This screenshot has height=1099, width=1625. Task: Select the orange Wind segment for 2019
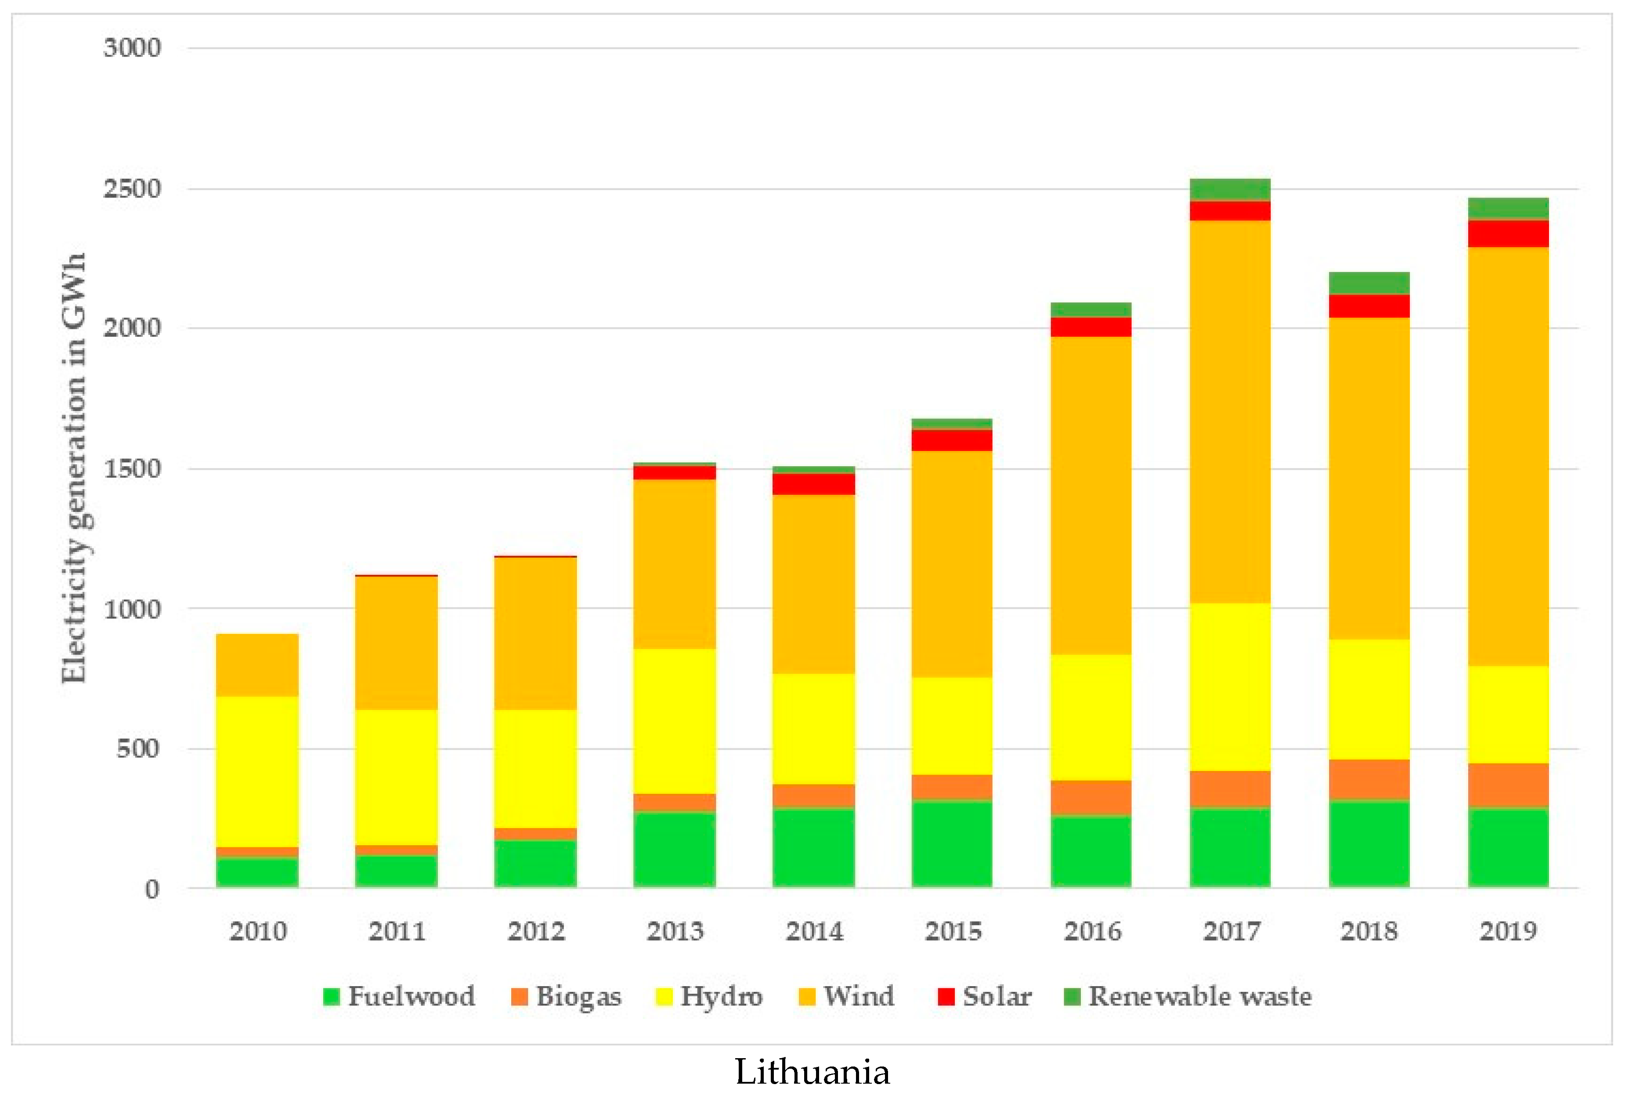tap(1508, 456)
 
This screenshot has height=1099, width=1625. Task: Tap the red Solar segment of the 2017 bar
tap(1230, 210)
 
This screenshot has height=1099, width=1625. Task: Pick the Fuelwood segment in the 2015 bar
tap(952, 844)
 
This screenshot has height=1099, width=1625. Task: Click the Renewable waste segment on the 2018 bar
tap(1369, 283)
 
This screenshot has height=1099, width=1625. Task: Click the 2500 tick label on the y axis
tap(132, 189)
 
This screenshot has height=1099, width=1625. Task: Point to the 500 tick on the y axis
tap(138, 749)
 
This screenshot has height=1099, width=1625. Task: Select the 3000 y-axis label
tap(132, 48)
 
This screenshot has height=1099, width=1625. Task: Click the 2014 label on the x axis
tap(814, 931)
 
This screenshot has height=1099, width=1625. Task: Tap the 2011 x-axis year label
tap(397, 931)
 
